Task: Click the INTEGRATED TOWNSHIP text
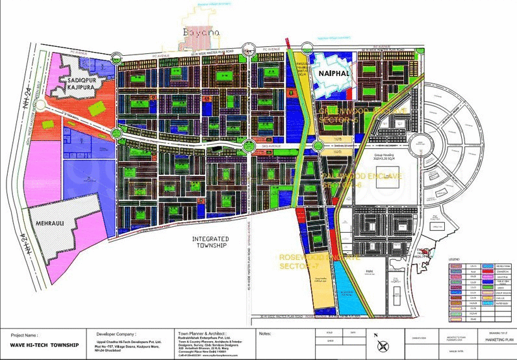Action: pyautogui.click(x=209, y=242)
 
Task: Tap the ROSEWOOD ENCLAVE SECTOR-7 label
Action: pyautogui.click(x=319, y=262)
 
